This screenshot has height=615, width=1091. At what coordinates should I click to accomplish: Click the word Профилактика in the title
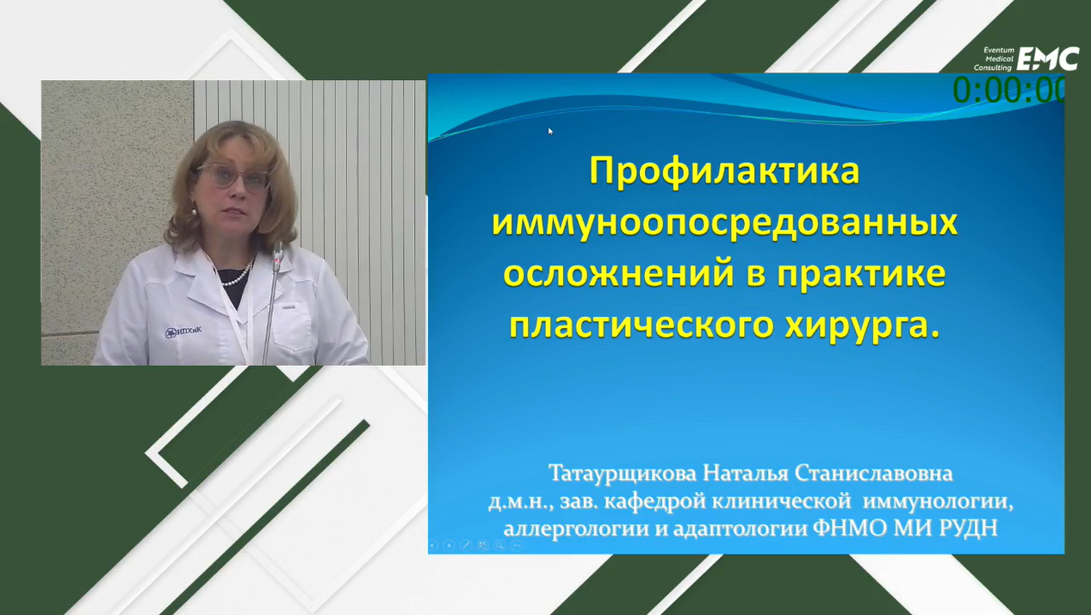pos(724,171)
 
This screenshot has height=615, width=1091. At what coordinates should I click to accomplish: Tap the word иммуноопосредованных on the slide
pos(725,224)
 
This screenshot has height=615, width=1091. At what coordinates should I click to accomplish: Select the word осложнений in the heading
pos(618,274)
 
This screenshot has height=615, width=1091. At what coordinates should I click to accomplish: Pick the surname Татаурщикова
pos(623,474)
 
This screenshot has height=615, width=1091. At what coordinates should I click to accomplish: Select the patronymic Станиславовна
pos(873,474)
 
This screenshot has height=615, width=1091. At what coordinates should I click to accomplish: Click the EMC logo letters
pos(1048,59)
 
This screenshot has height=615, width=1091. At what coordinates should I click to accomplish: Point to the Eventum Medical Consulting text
pos(994,59)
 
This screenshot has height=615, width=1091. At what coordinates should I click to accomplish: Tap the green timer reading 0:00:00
pos(1008,90)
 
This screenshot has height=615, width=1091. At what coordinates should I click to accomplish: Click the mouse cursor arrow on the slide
pos(550,131)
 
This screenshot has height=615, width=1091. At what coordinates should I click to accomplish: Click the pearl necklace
pos(237,276)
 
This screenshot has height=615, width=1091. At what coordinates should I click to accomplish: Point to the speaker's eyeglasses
pos(234,176)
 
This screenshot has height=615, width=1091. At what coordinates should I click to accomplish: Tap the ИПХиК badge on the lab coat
pos(183,332)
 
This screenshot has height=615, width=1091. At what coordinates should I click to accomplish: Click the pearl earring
pos(195,211)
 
